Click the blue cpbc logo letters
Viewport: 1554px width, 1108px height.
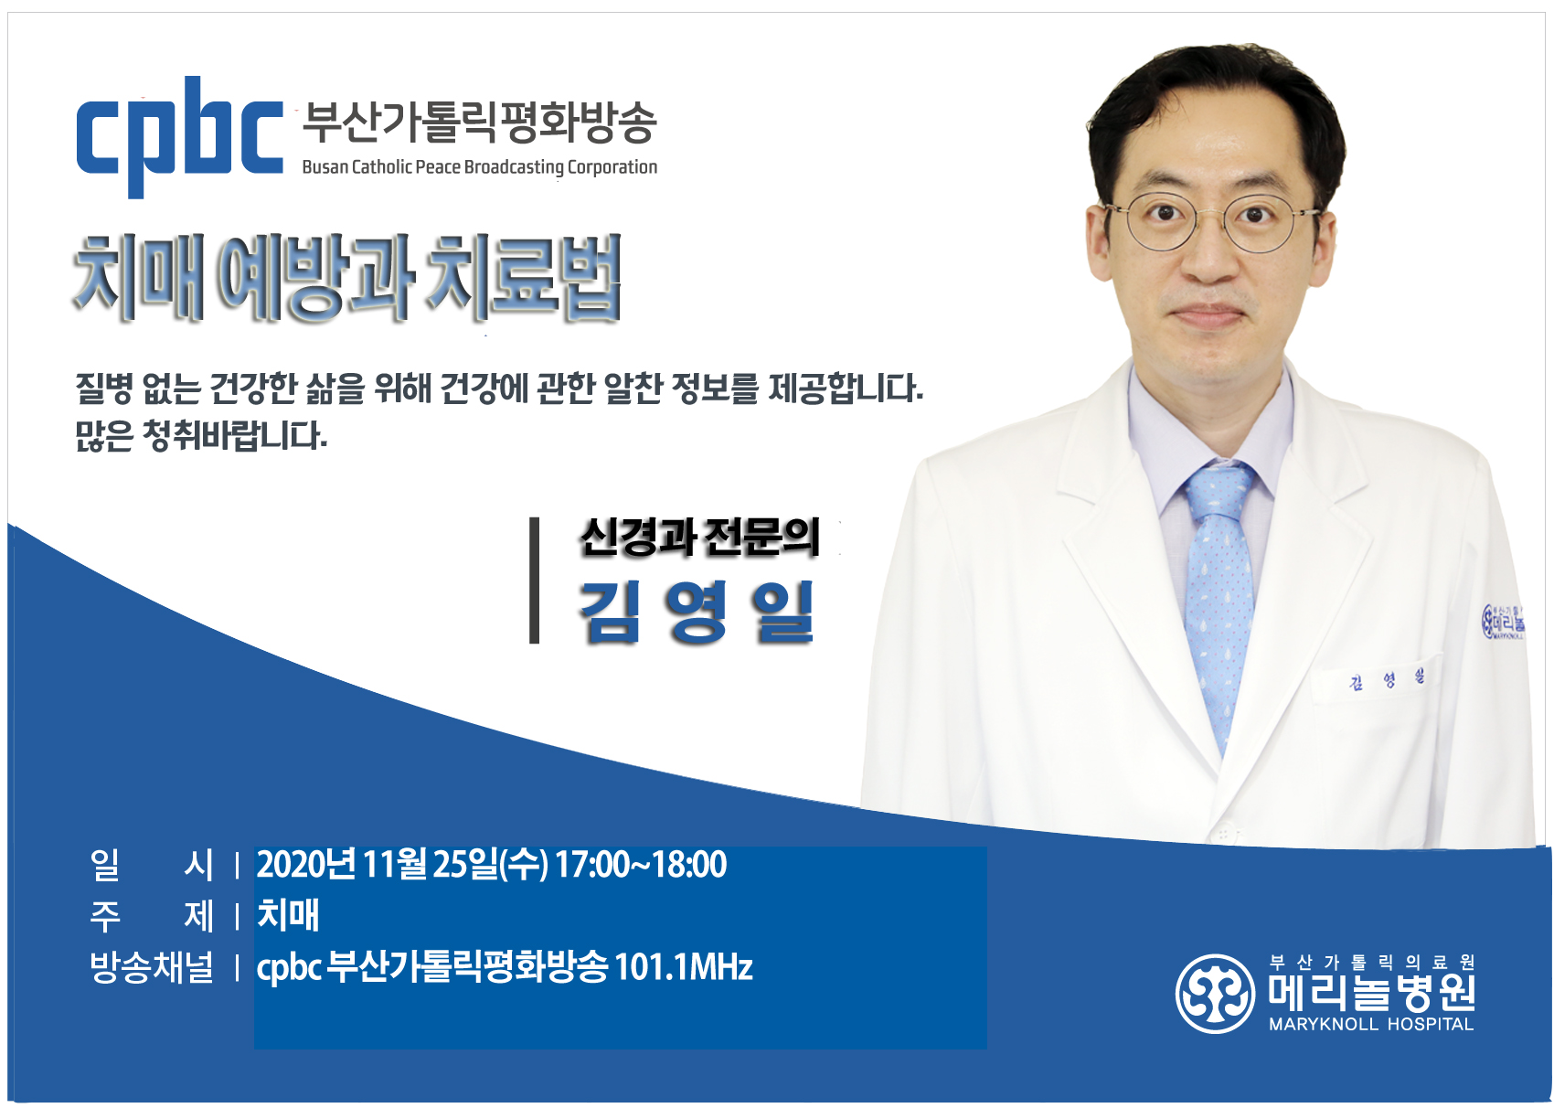tap(180, 137)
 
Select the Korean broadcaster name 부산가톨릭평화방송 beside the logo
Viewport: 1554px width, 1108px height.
tap(479, 123)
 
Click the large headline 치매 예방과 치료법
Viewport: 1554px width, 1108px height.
tap(346, 278)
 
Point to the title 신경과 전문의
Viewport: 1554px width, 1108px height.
tap(699, 538)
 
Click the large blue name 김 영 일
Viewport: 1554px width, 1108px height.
tap(696, 613)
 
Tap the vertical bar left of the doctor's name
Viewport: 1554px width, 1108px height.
tap(534, 580)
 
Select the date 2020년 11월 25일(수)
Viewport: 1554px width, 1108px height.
tap(402, 865)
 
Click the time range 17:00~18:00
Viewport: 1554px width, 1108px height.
tap(640, 865)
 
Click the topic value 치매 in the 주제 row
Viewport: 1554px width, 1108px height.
tap(288, 915)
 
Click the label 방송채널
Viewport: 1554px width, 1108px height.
tap(151, 966)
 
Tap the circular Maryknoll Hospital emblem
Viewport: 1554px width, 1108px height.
tap(1215, 994)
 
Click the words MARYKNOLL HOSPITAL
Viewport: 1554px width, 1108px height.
tap(1371, 1024)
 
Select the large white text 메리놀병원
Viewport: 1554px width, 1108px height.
tap(1371, 992)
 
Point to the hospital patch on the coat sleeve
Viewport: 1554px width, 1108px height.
tap(1502, 622)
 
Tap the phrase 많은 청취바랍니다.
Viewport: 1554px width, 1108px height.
tap(201, 436)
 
